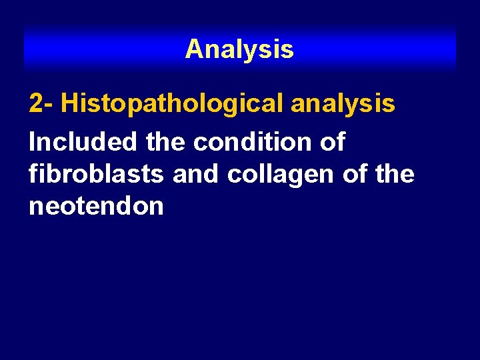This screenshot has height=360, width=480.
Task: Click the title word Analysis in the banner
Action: click(239, 49)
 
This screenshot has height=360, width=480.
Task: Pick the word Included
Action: click(83, 141)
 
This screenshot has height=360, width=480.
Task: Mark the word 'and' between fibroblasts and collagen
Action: click(197, 174)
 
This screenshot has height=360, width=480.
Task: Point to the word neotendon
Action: click(96, 207)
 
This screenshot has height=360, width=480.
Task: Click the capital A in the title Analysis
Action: click(194, 49)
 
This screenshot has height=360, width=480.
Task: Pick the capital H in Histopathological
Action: click(71, 105)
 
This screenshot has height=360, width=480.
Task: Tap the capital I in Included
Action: click(33, 141)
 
